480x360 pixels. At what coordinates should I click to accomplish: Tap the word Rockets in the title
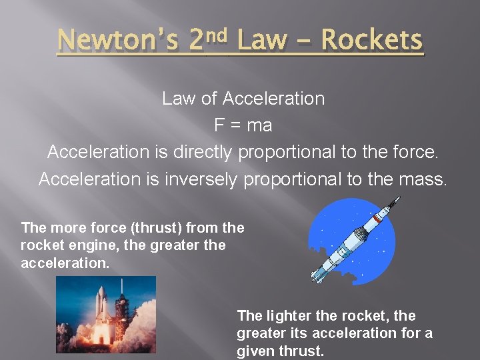(x=371, y=41)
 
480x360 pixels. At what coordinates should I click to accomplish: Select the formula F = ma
(x=243, y=125)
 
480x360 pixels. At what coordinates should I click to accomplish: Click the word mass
(x=422, y=179)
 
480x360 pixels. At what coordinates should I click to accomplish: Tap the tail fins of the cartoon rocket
(x=319, y=274)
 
